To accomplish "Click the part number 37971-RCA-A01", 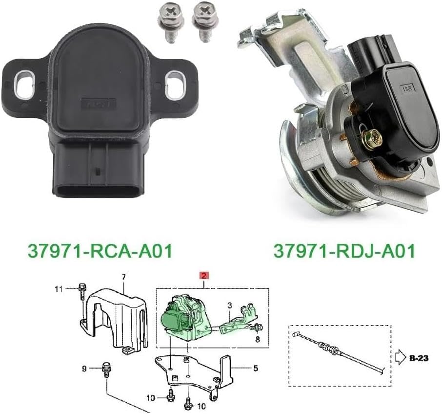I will click(100, 251).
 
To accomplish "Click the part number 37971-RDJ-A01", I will click(344, 251).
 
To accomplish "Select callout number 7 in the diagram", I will click(123, 277).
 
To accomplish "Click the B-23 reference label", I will click(420, 358).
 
